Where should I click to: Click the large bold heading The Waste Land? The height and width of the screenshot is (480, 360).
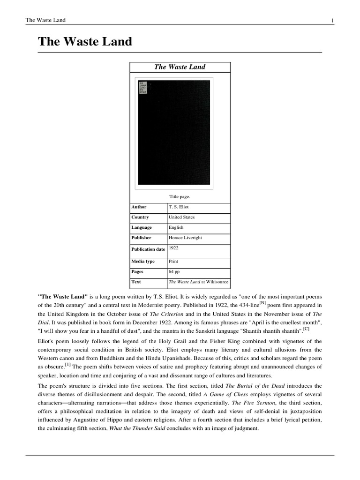[85, 42]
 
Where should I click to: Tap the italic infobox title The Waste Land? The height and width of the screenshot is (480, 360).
[180, 67]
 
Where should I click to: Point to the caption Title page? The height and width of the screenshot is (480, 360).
[180, 196]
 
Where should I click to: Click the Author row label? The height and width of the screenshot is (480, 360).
[139, 207]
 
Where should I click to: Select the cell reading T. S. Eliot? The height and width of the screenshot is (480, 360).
[179, 207]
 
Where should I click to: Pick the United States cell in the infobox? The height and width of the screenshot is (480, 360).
[181, 217]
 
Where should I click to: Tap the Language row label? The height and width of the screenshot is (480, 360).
[142, 227]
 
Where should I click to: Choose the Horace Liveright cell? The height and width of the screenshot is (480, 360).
[185, 238]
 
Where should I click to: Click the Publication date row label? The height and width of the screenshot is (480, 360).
[148, 249]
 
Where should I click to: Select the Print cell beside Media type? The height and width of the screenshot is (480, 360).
[173, 261]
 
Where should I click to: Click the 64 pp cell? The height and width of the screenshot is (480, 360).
[174, 271]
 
